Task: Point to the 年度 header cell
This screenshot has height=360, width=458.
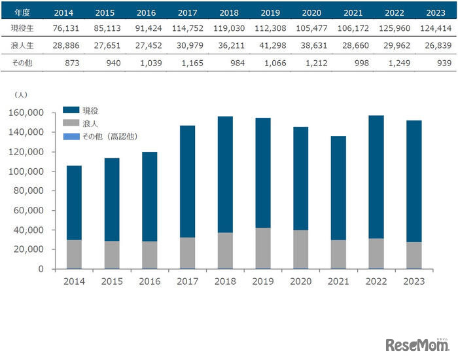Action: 22,12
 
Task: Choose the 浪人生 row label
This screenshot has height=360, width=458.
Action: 22,46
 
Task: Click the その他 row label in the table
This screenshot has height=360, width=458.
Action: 22,63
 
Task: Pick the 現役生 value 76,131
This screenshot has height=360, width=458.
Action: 71,29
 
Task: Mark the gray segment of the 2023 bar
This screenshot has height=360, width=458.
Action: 414,255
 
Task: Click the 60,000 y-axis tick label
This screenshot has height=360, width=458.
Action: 29,211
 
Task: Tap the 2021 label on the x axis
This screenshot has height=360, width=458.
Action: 338,281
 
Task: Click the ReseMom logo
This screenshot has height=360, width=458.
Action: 417,344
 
